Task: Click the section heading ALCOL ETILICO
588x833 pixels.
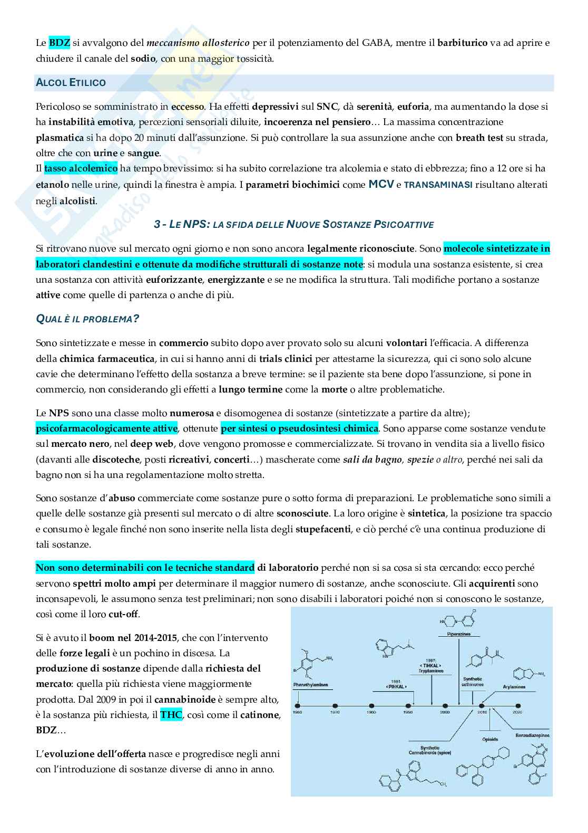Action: pyautogui.click(x=71, y=83)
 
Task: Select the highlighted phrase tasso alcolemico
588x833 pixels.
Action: pyautogui.click(x=81, y=169)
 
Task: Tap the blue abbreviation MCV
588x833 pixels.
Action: pyautogui.click(x=381, y=185)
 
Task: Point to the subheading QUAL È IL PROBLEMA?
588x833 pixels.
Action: pyautogui.click(x=87, y=319)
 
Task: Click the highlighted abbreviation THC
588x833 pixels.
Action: pyautogui.click(x=171, y=715)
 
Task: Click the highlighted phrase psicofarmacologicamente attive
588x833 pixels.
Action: pyautogui.click(x=107, y=428)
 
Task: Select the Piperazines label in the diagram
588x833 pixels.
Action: pyautogui.click(x=458, y=634)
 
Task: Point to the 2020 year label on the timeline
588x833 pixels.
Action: pyautogui.click(x=518, y=712)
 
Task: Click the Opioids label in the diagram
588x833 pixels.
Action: pyautogui.click(x=490, y=739)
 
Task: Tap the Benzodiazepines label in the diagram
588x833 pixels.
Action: pyautogui.click(x=533, y=734)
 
